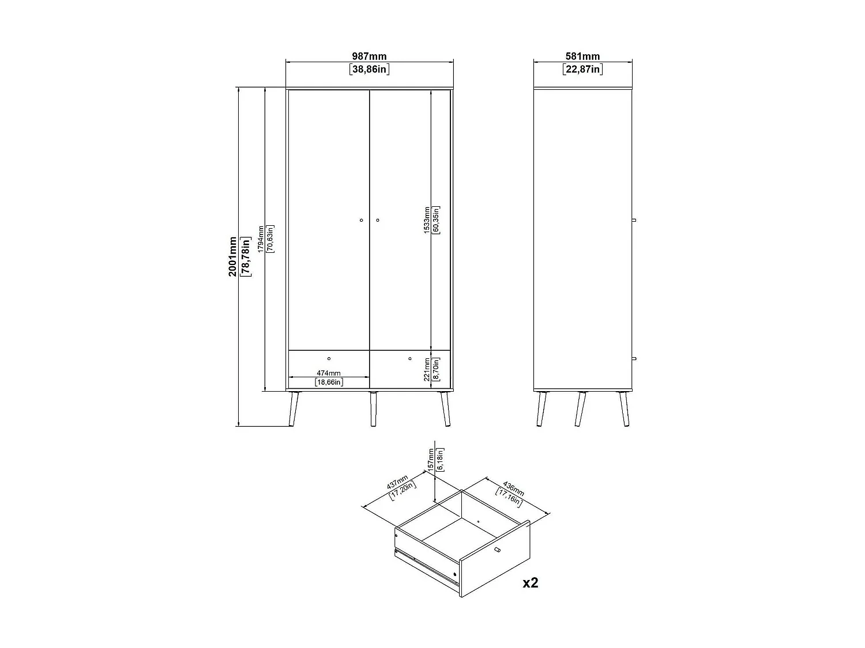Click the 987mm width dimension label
coord(369,56)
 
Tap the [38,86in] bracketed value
coord(369,70)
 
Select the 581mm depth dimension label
coord(582,56)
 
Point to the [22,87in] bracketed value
coord(582,70)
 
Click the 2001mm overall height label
coord(232,256)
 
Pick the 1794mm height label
coord(261,239)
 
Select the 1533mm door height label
coord(426,220)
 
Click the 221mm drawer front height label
coord(427,369)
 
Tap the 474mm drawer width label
coord(329,373)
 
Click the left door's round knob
coord(361,220)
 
